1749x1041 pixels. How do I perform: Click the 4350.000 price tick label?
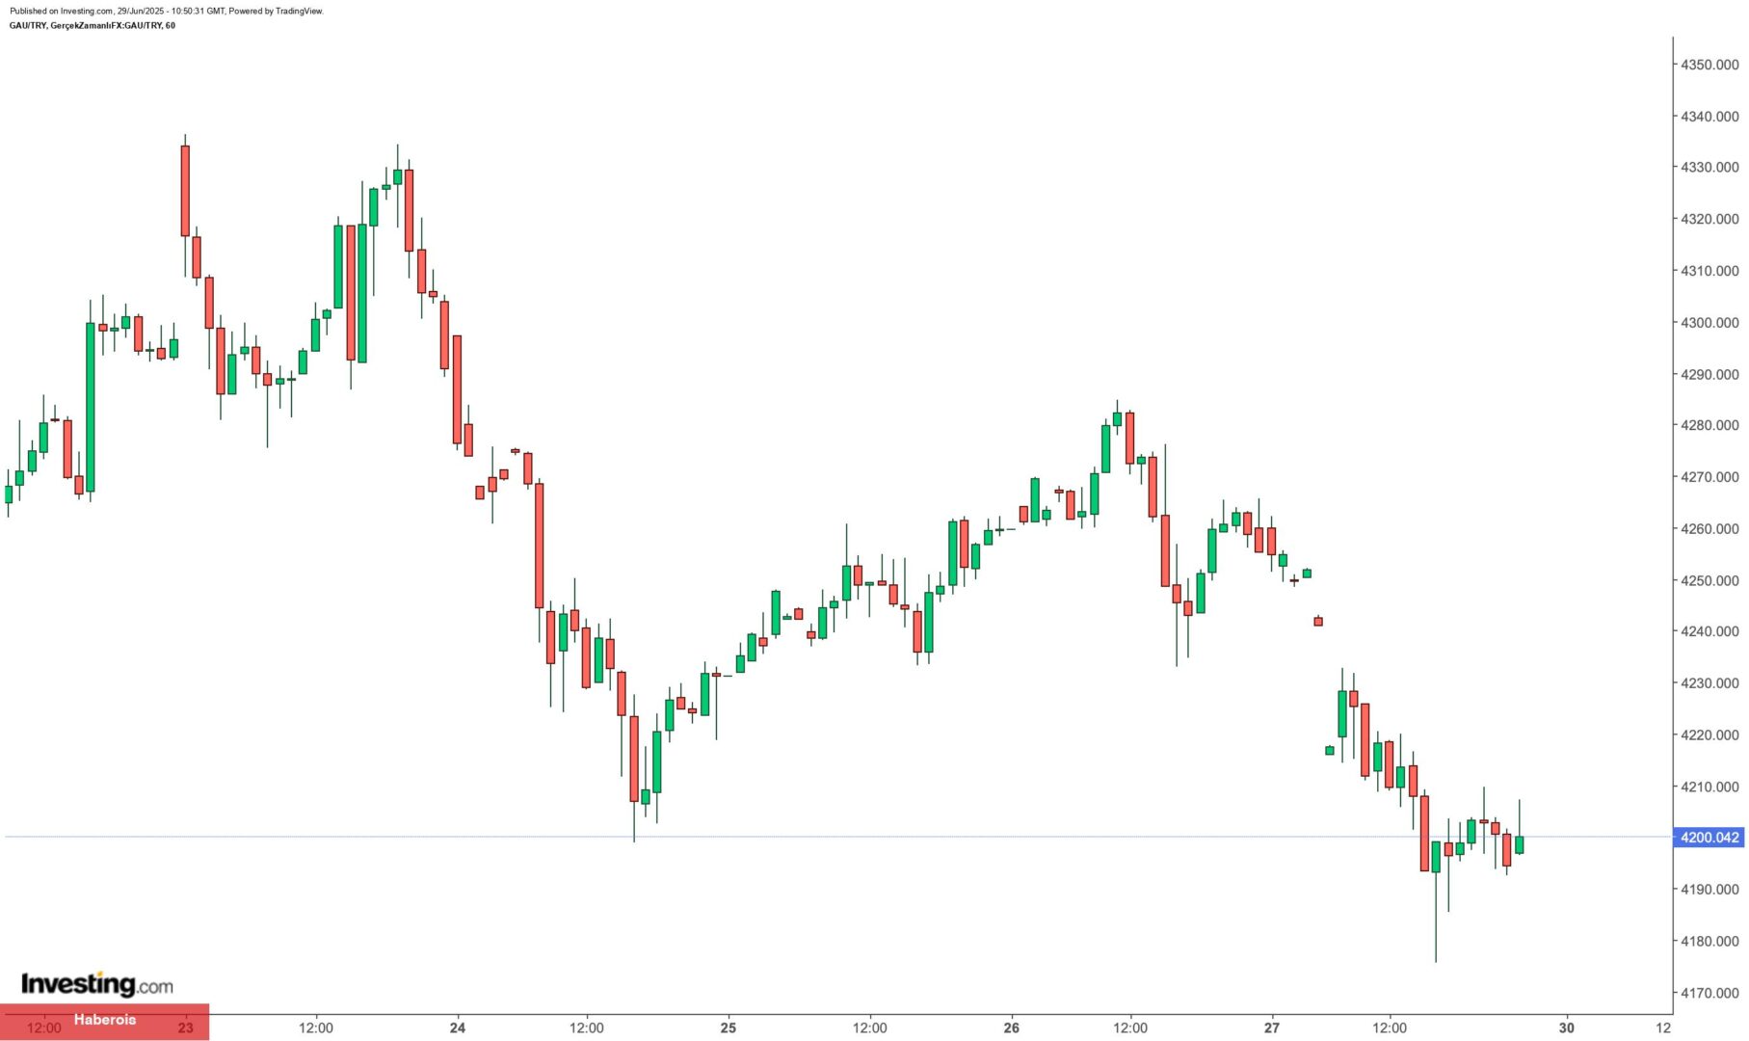click(1709, 65)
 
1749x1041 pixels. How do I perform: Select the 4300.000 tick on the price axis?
click(1709, 323)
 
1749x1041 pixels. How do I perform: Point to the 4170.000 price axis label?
click(1709, 993)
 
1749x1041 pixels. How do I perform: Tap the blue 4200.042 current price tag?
click(1709, 838)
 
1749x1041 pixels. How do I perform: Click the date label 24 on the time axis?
click(458, 1028)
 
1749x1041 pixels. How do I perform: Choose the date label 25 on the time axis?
click(729, 1028)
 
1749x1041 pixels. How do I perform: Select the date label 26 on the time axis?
click(1011, 1028)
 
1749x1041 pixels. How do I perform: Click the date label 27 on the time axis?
click(1272, 1028)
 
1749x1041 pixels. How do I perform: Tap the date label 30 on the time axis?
click(1567, 1028)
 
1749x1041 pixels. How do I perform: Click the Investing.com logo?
click(97, 984)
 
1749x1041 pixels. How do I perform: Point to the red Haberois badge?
click(104, 1020)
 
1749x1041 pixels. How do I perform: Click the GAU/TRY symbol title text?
click(93, 25)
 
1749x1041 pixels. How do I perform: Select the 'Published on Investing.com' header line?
click(167, 11)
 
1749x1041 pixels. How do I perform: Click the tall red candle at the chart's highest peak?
click(185, 191)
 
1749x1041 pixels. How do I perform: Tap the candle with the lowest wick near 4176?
click(1436, 858)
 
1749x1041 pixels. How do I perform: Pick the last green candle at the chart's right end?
click(1520, 844)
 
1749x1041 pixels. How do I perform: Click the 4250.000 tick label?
click(1709, 580)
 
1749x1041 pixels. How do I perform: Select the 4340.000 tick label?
click(1709, 117)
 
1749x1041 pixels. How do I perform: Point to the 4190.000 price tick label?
click(1709, 889)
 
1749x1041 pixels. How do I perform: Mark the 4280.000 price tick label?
click(1709, 425)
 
